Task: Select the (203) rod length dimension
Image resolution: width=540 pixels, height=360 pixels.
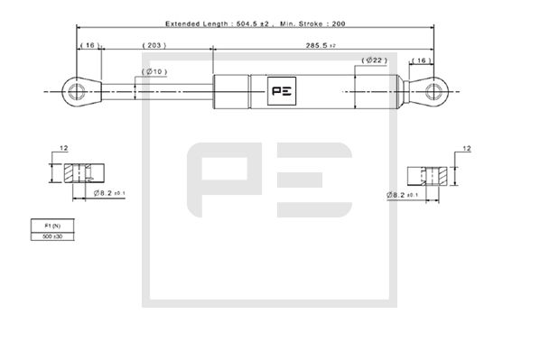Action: click(154, 45)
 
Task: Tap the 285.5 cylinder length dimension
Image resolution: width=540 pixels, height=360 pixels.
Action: click(321, 45)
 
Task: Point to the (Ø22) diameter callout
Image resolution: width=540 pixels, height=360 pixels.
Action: click(375, 60)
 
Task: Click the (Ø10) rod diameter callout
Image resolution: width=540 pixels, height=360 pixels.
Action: click(154, 71)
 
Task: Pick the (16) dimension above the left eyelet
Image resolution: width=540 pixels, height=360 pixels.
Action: click(90, 45)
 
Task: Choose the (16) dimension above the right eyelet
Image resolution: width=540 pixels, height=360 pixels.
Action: click(422, 60)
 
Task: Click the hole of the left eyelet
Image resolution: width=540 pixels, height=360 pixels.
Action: click(76, 92)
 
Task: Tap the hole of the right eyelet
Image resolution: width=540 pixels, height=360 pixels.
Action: click(433, 91)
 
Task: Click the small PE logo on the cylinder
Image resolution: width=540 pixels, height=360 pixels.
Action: click(282, 91)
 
